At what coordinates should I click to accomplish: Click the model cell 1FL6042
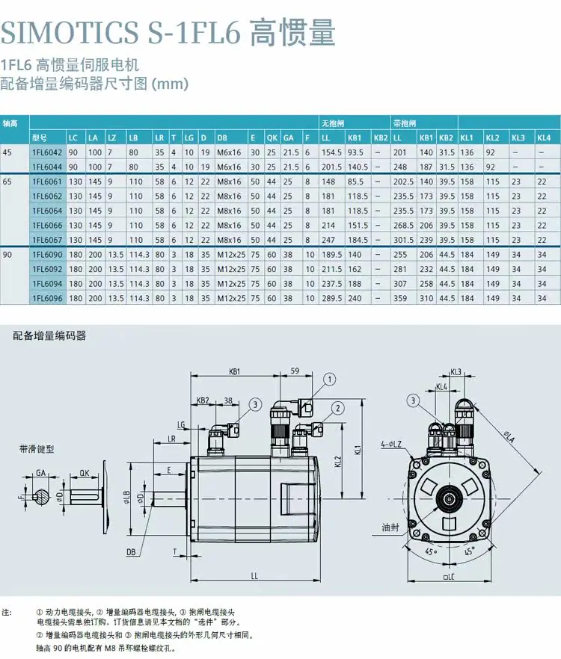pyautogui.click(x=47, y=152)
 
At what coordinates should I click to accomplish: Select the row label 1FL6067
pyautogui.click(x=47, y=240)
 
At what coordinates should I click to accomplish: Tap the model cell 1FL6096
pyautogui.click(x=47, y=298)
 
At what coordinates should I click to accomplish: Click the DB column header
pyautogui.click(x=222, y=137)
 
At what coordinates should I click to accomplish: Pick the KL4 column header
pyautogui.click(x=544, y=137)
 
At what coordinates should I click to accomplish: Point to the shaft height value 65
pyautogui.click(x=7, y=182)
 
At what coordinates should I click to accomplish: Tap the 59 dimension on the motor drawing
pyautogui.click(x=295, y=371)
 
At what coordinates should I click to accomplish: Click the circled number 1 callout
pyautogui.click(x=330, y=380)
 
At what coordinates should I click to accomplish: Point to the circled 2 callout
pyautogui.click(x=337, y=408)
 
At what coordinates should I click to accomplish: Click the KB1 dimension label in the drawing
pyautogui.click(x=234, y=371)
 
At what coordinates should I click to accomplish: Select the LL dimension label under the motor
pyautogui.click(x=254, y=576)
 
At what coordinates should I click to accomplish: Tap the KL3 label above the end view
pyautogui.click(x=456, y=372)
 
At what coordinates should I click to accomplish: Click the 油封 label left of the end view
pyautogui.click(x=390, y=527)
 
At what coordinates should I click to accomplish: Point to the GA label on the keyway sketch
pyautogui.click(x=40, y=473)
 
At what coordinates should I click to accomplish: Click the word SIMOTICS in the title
pyautogui.click(x=70, y=32)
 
